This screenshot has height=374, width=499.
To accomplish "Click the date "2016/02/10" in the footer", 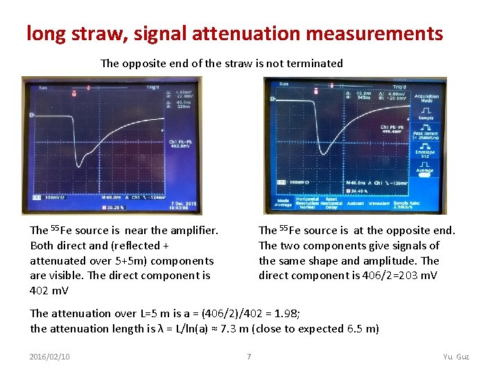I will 50,357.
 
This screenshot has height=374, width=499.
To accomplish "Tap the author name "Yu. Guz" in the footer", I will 456,357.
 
